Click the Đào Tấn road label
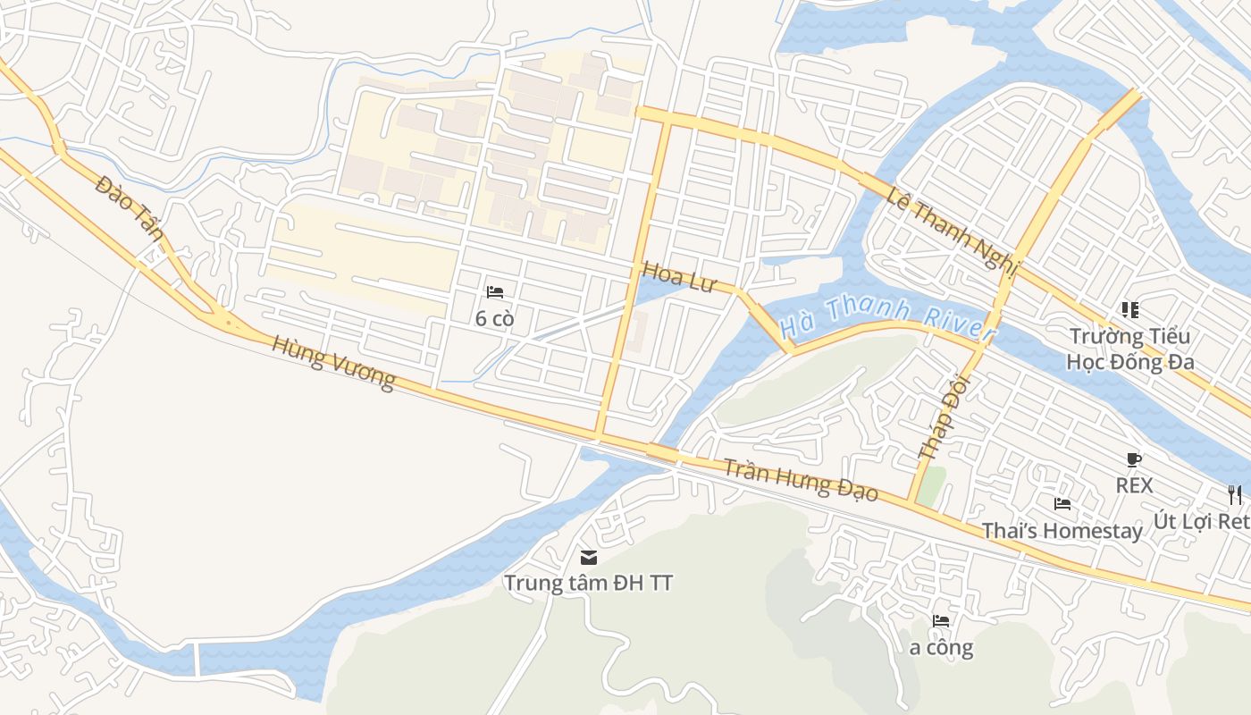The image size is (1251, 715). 130,208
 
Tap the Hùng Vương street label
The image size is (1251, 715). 333,363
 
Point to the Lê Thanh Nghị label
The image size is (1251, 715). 953,227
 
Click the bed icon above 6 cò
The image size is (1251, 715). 495,292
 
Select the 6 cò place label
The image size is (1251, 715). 495,318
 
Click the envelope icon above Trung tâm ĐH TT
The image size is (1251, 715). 589,557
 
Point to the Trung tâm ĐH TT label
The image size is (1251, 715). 588,583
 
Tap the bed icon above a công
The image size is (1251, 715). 941,620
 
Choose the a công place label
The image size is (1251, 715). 941,647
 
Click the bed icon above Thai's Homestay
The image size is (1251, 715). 1062,504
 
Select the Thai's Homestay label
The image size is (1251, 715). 1062,531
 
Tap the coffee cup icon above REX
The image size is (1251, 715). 1134,459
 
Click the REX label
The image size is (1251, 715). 1134,485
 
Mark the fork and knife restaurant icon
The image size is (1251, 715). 1235,494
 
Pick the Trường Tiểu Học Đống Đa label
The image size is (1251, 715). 1130,349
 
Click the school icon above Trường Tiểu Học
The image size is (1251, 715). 1130,310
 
